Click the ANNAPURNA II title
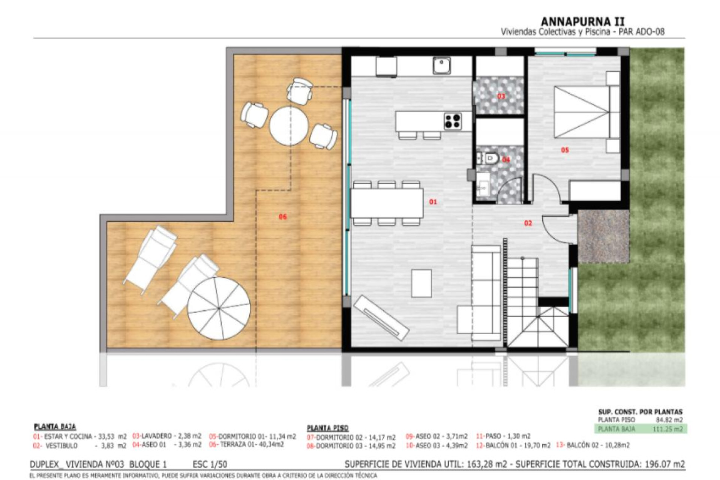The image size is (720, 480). (x=582, y=21)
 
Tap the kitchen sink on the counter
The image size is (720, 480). (x=441, y=66)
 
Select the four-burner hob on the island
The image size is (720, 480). (x=453, y=121)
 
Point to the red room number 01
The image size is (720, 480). (x=433, y=202)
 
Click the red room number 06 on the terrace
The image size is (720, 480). (x=283, y=217)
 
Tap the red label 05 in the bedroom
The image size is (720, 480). (x=565, y=150)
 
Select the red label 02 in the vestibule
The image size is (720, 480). (x=528, y=223)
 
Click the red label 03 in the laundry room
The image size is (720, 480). (x=501, y=96)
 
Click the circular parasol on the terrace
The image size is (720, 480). (x=219, y=308)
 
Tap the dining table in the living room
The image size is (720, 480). (x=387, y=203)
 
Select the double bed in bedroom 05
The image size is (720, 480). (x=586, y=112)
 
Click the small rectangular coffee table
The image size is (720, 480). (x=421, y=283)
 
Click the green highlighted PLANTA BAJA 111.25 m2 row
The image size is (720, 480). (x=640, y=429)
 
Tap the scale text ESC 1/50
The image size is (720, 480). (x=210, y=465)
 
